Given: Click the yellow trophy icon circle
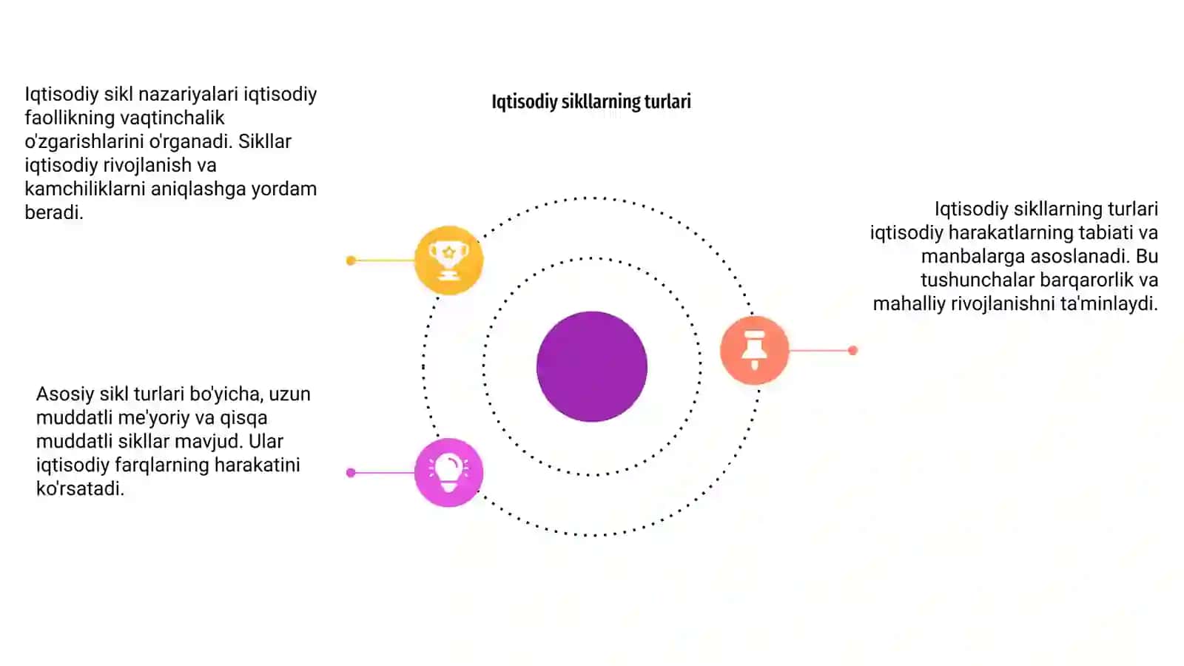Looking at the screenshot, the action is (448, 260).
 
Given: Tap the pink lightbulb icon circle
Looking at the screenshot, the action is (448, 473).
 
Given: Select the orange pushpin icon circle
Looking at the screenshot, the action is (754, 350).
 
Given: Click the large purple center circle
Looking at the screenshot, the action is (592, 366).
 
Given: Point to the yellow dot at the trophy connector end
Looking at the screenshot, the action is (351, 260).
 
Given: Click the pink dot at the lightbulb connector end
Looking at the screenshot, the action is (351, 473).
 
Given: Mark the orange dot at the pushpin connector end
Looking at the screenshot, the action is (852, 350).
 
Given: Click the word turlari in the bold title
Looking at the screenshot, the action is (667, 101).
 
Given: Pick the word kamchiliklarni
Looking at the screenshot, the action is (84, 189).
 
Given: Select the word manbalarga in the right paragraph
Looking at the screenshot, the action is (973, 257).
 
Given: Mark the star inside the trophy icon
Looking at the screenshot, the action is (448, 252).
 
